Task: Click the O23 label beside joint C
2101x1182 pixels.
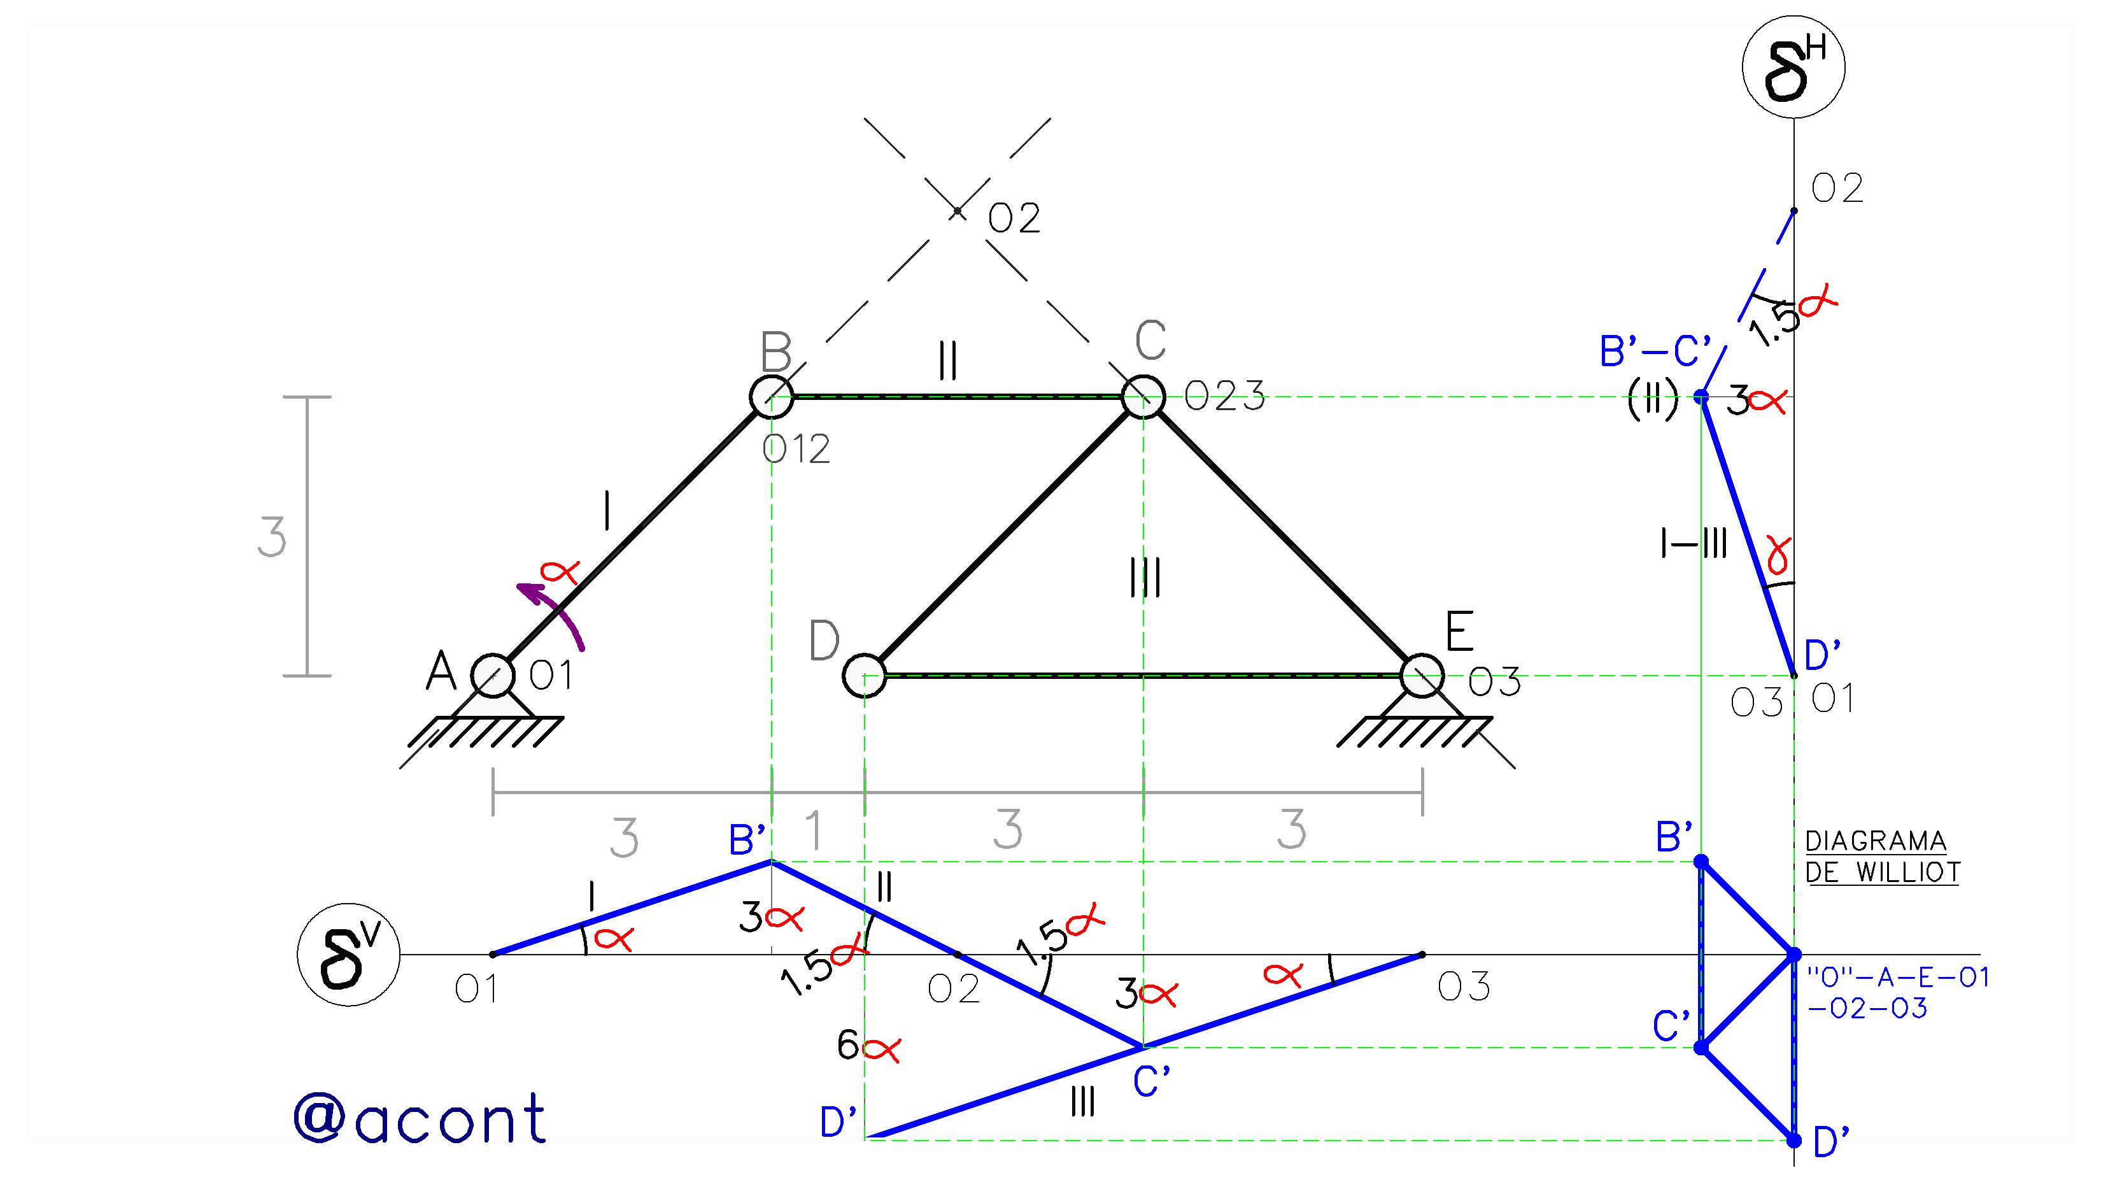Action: click(x=1224, y=397)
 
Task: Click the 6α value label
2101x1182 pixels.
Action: click(x=868, y=1046)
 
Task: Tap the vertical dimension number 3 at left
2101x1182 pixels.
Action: click(x=272, y=538)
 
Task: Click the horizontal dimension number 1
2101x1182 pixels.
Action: click(x=813, y=830)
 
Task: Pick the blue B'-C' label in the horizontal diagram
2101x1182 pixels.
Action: click(x=1655, y=352)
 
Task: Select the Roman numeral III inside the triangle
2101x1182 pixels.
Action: click(x=1146, y=578)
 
